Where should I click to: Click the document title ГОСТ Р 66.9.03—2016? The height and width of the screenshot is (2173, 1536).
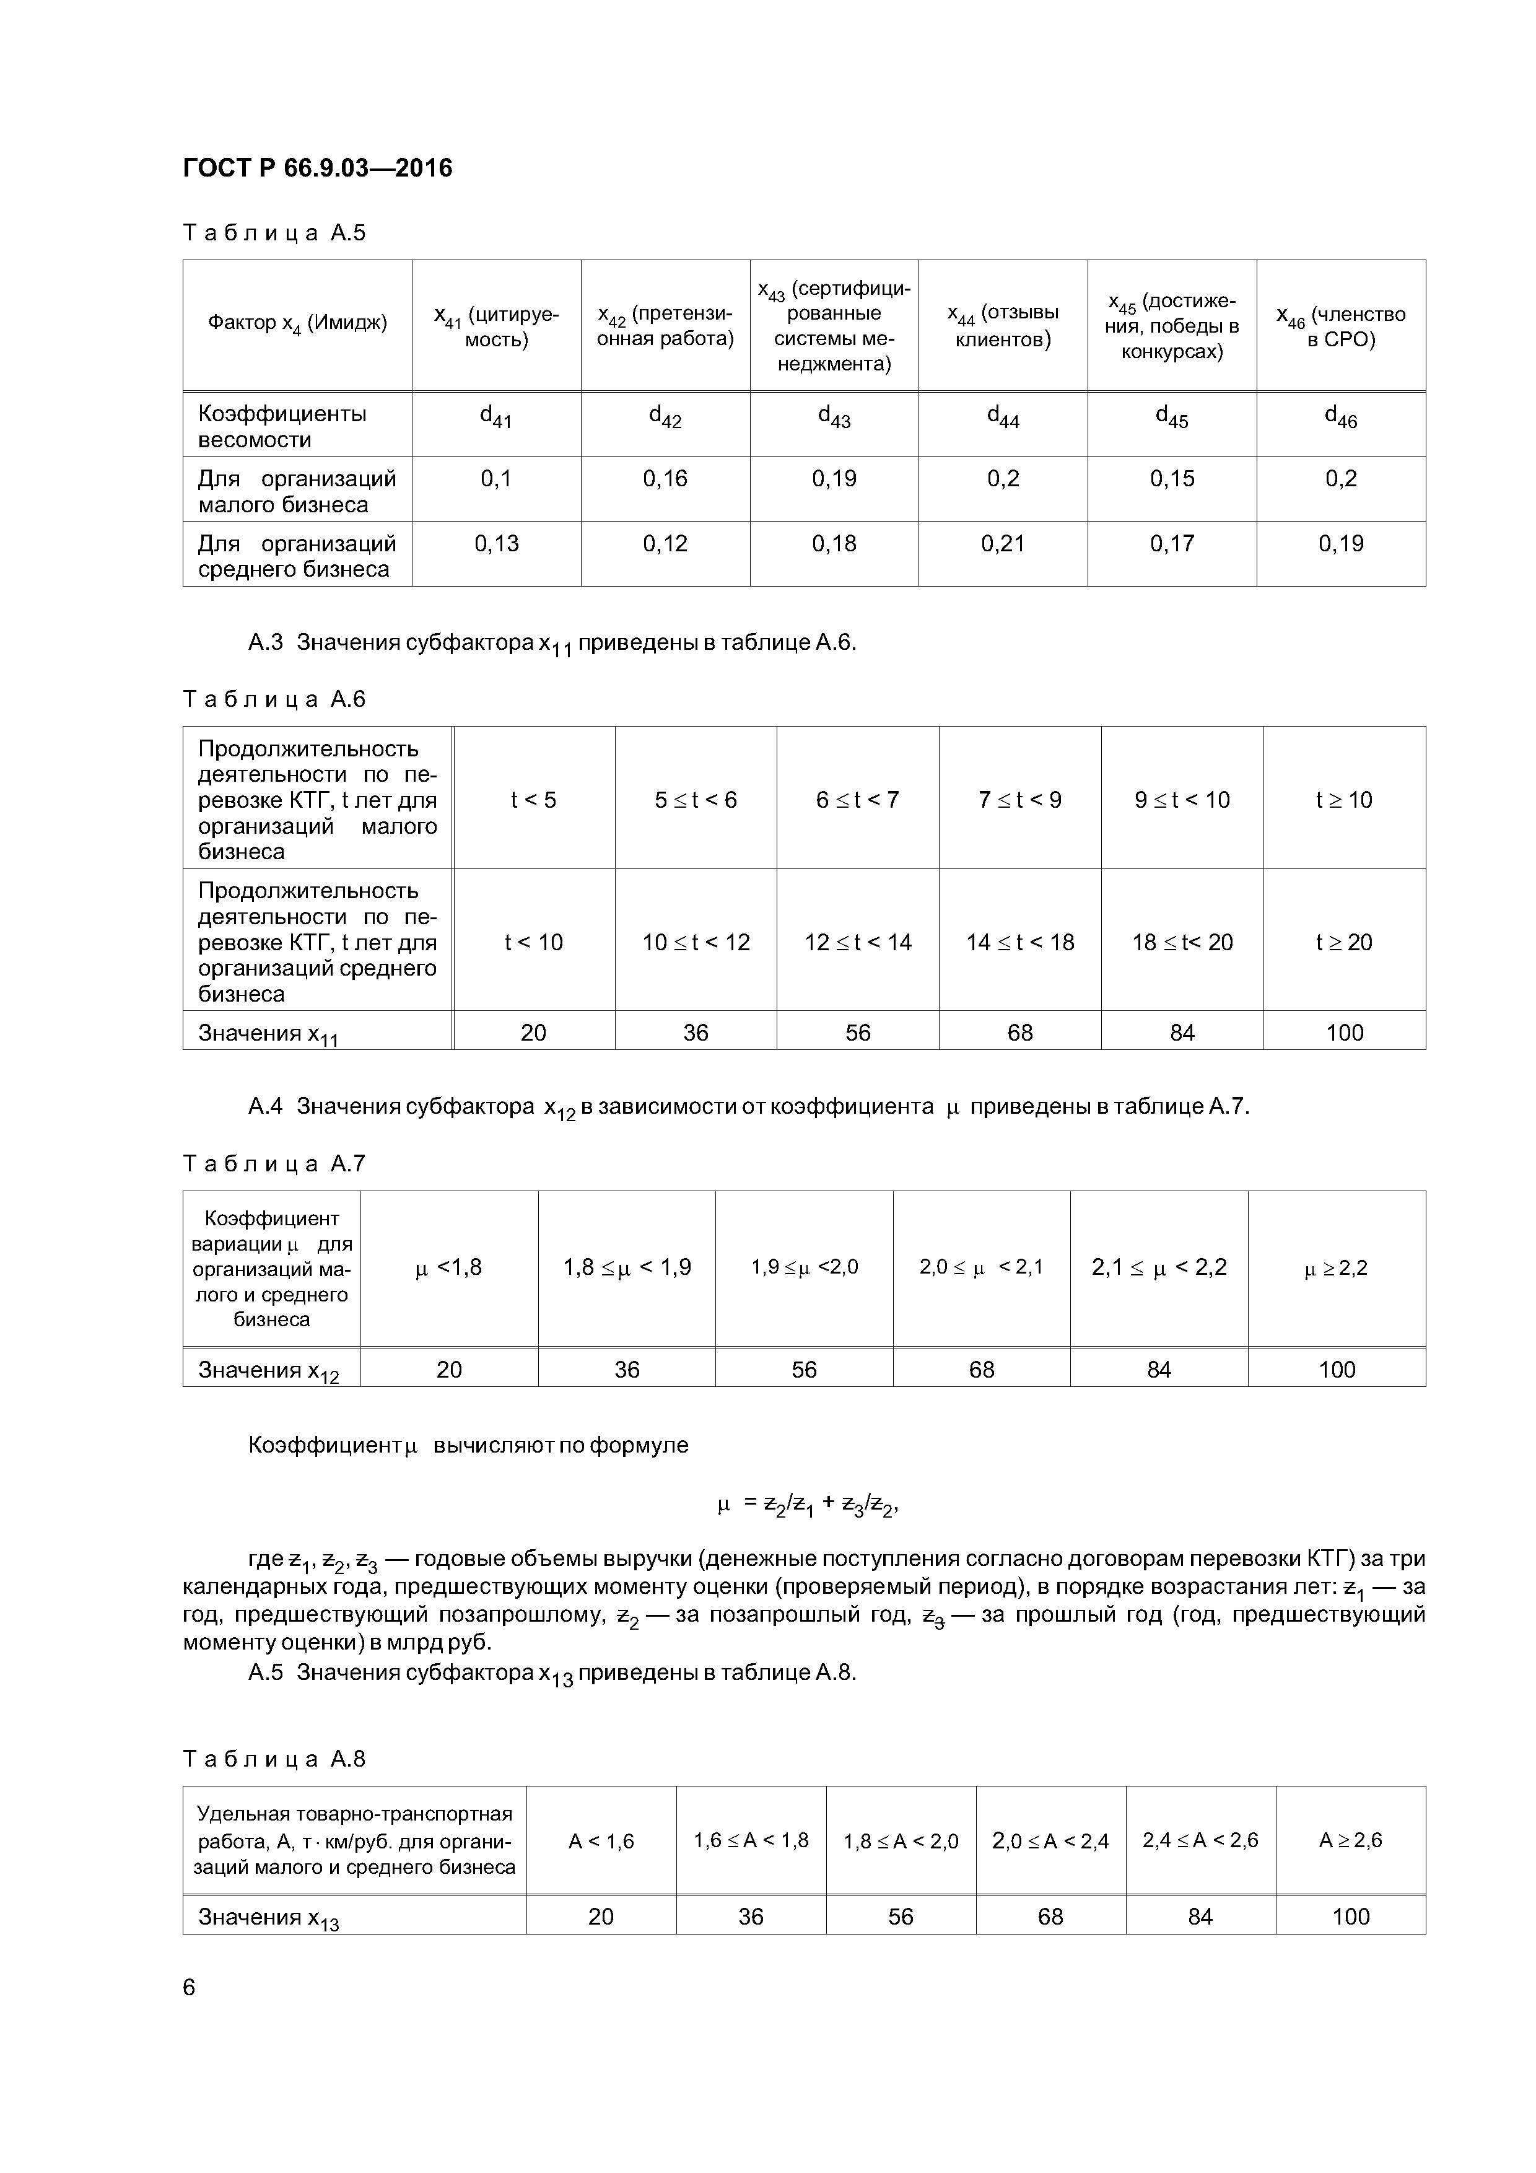[x=317, y=168]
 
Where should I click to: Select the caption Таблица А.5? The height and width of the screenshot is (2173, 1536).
[x=274, y=233]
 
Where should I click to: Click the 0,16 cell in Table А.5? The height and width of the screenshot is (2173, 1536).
[x=665, y=479]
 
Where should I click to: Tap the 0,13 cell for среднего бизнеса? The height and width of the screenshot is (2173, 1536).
[x=496, y=544]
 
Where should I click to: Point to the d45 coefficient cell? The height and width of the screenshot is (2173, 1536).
[x=1172, y=416]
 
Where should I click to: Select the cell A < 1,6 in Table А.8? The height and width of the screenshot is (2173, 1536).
[x=600, y=1841]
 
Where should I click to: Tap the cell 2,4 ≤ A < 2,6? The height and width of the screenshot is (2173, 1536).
[x=1200, y=1841]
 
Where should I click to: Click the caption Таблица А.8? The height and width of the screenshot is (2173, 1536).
[x=274, y=1759]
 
